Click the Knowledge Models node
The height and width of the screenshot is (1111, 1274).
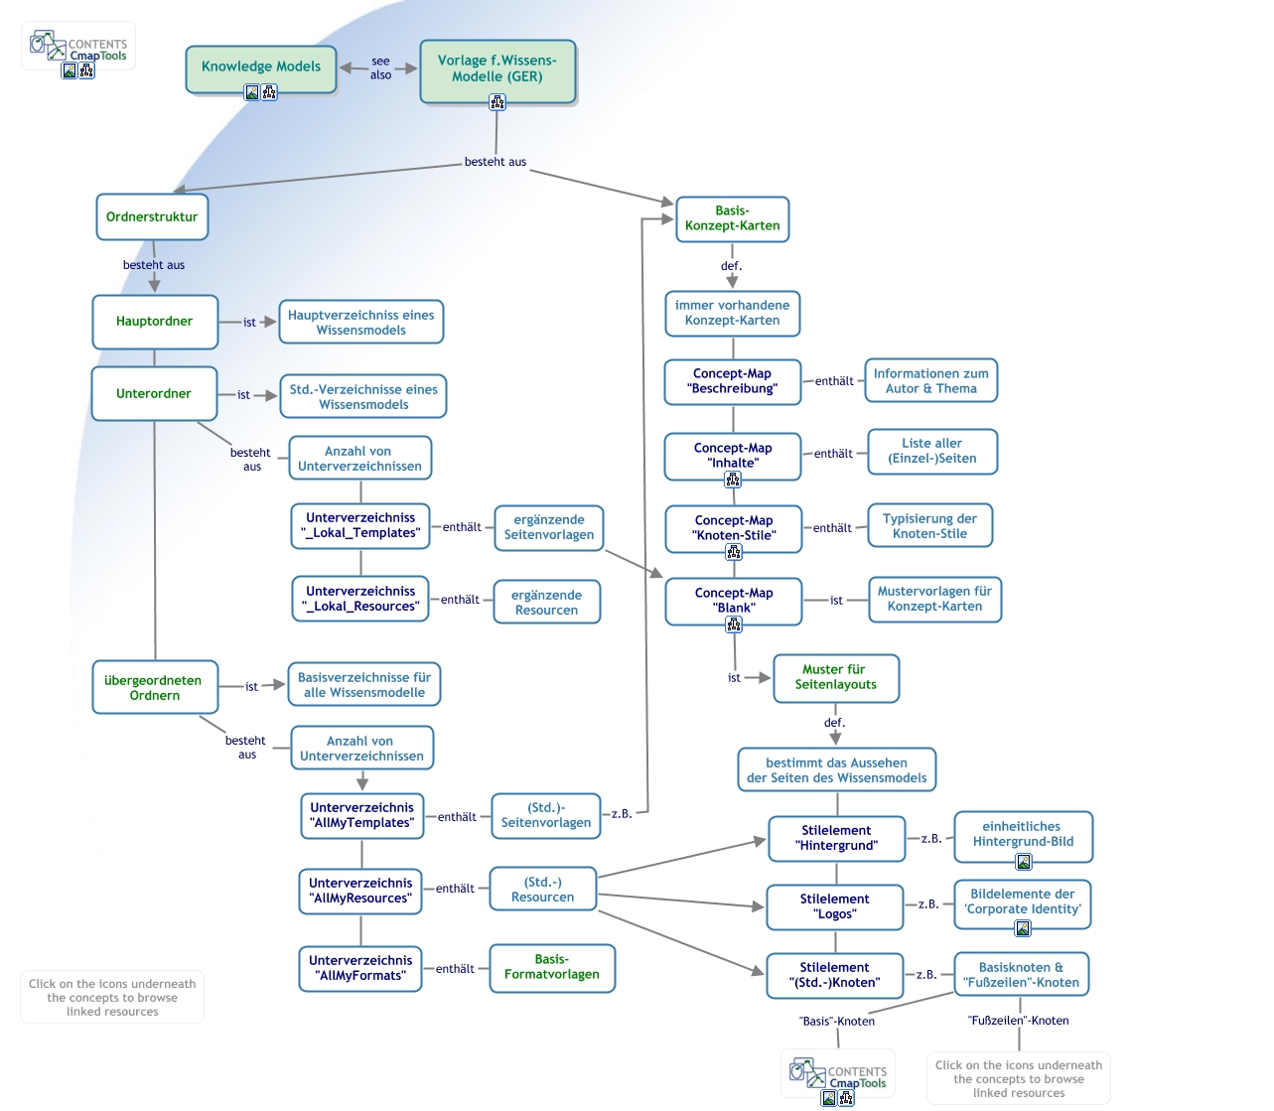coord(261,68)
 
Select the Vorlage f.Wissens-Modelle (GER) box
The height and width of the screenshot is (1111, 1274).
coord(497,69)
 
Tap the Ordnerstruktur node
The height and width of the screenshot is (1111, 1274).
coord(152,217)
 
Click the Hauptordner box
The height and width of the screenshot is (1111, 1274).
coord(155,322)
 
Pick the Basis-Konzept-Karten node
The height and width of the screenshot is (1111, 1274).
coord(732,218)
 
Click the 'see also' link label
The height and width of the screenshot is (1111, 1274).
coord(380,69)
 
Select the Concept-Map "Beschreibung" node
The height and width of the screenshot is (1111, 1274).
coord(733,381)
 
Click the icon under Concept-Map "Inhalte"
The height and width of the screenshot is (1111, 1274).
coord(733,480)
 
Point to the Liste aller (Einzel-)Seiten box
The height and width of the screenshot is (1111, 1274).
coord(932,452)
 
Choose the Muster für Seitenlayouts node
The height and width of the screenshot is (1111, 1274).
coord(836,677)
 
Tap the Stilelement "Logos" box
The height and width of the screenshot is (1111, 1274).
coord(835,906)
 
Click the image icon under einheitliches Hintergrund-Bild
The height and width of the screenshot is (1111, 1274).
coord(1023,862)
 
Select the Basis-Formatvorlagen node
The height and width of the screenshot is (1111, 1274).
coord(552,967)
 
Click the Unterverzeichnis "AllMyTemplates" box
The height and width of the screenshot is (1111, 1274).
coord(362,815)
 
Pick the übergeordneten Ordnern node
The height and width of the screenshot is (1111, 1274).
coord(155,687)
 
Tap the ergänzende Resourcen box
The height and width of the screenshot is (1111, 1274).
coord(547,603)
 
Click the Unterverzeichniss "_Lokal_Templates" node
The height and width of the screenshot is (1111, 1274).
coord(360,525)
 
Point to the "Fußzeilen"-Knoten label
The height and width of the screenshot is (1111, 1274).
coord(1018,1021)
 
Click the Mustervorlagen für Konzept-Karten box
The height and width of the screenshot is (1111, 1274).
coord(934,599)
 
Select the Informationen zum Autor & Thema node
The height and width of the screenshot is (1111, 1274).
coord(930,381)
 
